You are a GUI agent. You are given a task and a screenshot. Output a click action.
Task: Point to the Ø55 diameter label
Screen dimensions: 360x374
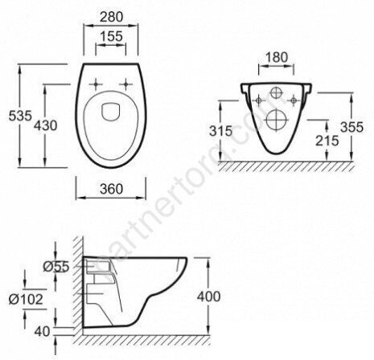pyautogui.click(x=57, y=266)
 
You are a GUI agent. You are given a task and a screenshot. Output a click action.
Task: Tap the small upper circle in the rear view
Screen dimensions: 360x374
pyautogui.click(x=276, y=92)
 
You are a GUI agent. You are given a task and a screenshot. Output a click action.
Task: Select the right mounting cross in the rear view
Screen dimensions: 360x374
pyautogui.click(x=295, y=100)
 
